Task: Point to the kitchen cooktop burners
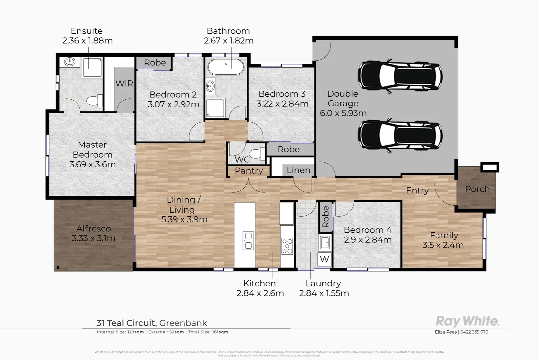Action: (287, 246)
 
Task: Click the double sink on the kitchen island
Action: (248, 241)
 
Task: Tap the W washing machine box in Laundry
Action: (324, 259)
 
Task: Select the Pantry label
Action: (249, 171)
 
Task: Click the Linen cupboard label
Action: (298, 170)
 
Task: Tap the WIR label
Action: (124, 83)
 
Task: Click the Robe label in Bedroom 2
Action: (155, 63)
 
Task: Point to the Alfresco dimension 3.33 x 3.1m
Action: (93, 238)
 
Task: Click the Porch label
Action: (477, 189)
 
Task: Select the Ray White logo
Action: (467, 321)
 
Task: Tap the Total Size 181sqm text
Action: (208, 332)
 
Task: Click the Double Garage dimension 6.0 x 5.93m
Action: (343, 113)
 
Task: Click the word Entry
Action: (417, 190)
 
